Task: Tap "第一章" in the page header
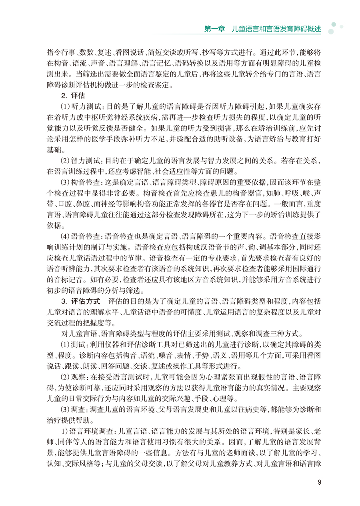(215, 29)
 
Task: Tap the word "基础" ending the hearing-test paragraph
(55, 150)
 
